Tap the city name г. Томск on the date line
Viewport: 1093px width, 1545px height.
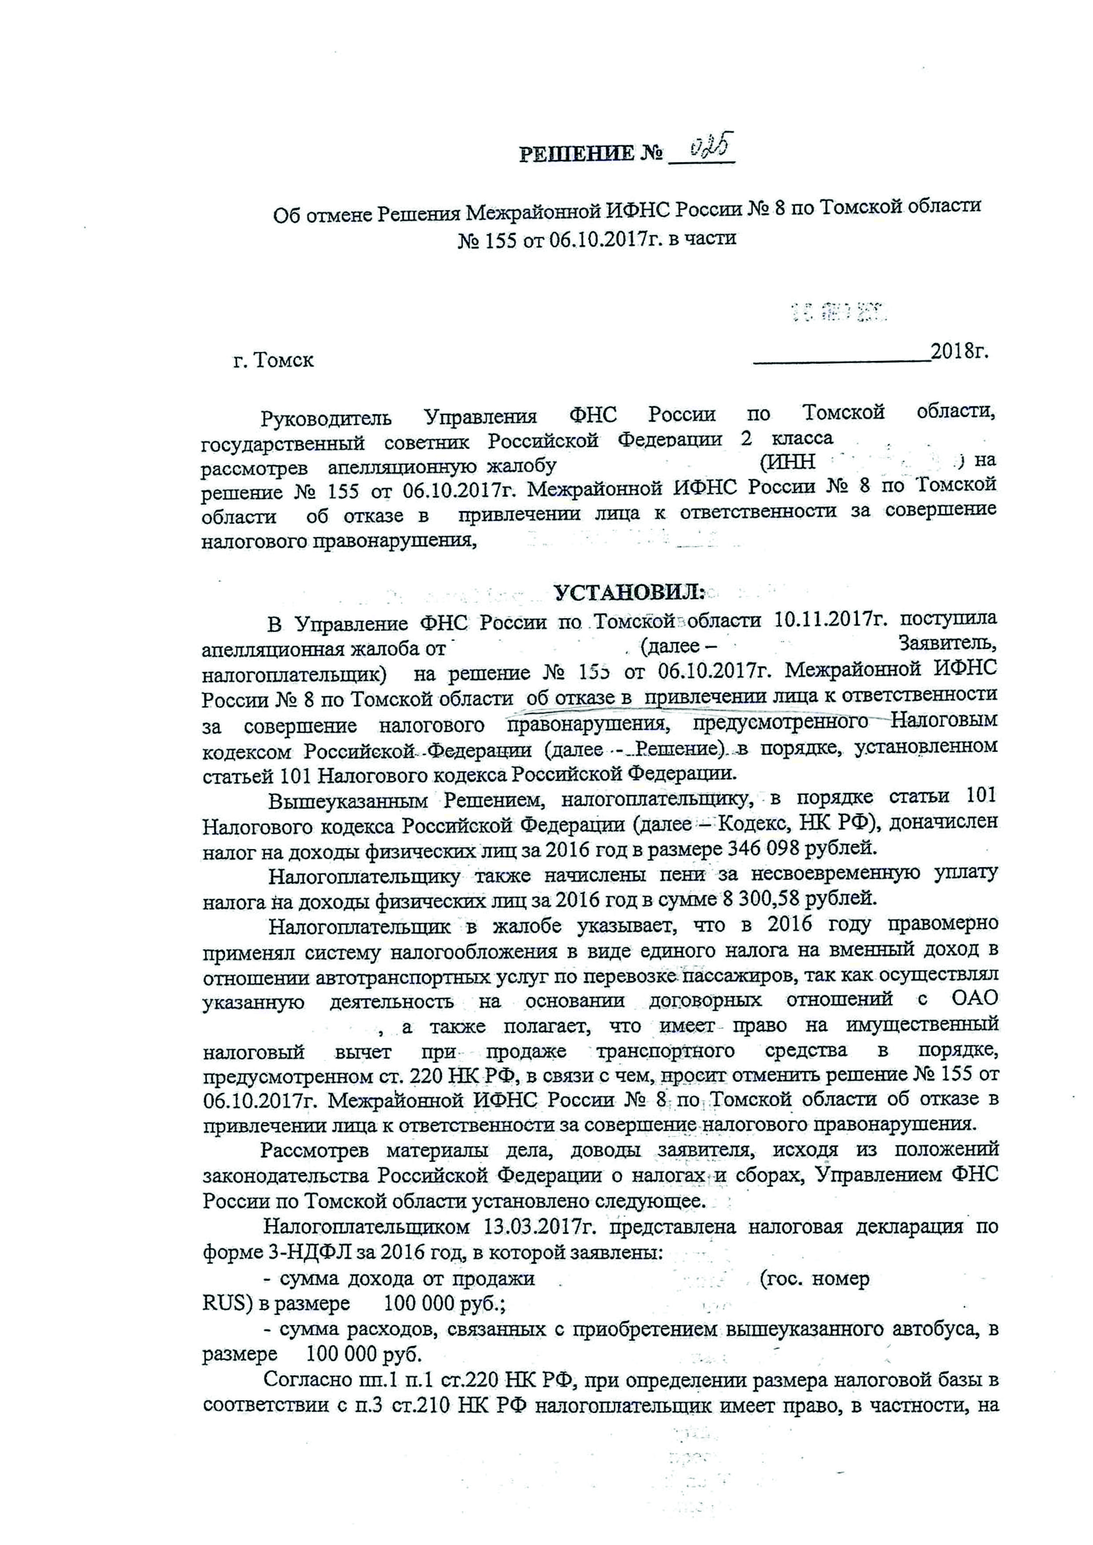[x=273, y=360]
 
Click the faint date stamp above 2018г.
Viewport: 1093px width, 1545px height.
[x=840, y=312]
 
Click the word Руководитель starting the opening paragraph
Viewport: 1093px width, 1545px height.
[x=326, y=418]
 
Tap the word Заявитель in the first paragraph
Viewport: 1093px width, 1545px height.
[x=948, y=645]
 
